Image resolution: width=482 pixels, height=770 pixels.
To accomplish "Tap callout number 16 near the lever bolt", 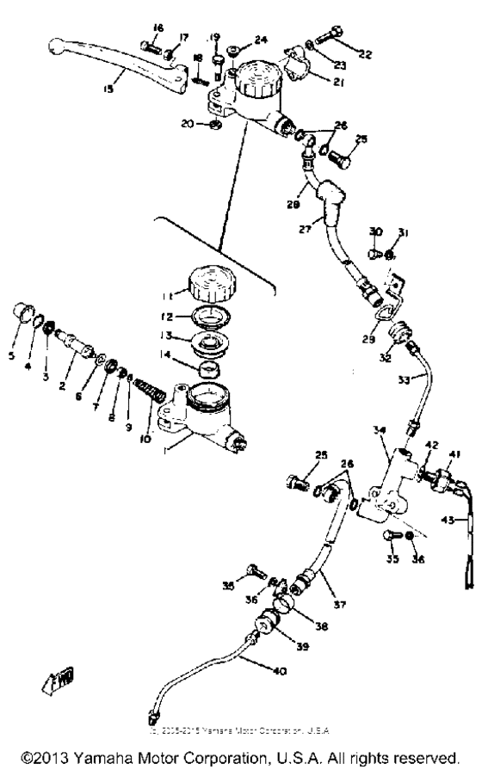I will click(158, 28).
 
